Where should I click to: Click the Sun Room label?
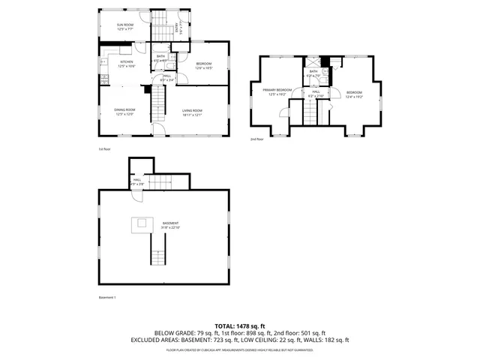tap(124, 27)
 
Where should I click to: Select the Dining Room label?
tap(124, 112)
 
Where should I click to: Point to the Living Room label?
tap(192, 112)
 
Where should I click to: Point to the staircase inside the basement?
tap(158, 249)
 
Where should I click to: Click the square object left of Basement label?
tap(139, 223)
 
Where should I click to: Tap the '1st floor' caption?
tap(104, 148)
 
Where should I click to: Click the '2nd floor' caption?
tap(256, 139)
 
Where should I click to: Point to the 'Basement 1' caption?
tap(107, 297)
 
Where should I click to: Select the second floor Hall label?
tap(316, 93)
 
